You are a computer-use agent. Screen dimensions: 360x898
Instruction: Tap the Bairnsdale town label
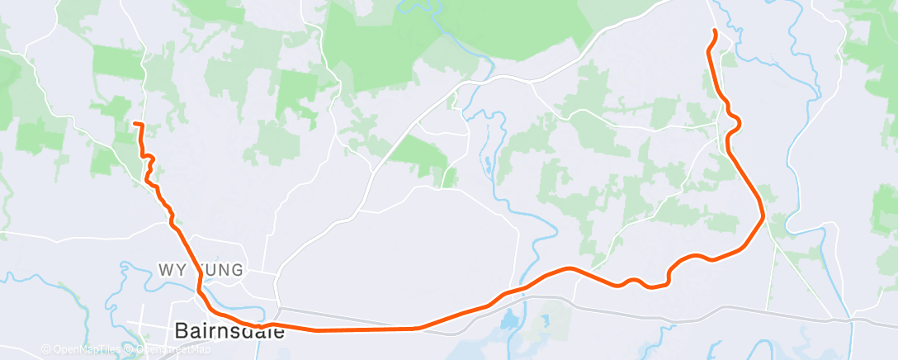[x=229, y=332]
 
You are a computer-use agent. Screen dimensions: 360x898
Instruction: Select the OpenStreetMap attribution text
[x=173, y=349]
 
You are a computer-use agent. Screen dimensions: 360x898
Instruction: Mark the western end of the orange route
[x=135, y=124]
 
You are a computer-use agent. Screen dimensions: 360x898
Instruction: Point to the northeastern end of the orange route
[x=714, y=31]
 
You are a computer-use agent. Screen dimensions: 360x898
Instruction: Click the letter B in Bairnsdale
[x=182, y=332]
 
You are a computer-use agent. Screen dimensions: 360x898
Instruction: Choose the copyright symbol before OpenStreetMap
[x=130, y=349]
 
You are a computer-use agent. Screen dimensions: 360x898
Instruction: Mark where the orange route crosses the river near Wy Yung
[x=201, y=291]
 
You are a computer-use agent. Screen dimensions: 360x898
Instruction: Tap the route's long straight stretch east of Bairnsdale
[x=363, y=329]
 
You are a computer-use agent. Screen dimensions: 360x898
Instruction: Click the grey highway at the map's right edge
[x=883, y=319]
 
